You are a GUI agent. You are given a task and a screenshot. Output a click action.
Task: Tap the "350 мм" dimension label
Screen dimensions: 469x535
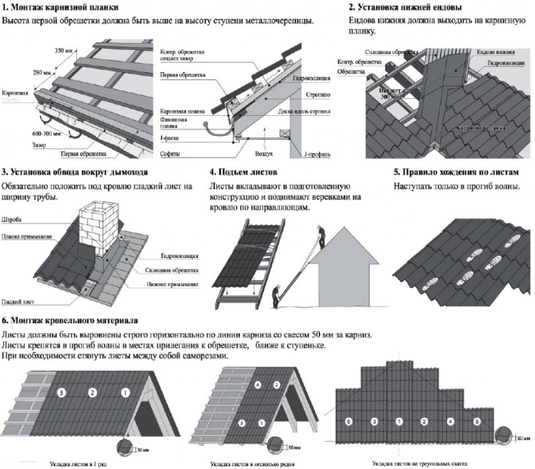[x=63, y=51]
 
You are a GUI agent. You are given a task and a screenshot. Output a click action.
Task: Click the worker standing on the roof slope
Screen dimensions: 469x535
[x=322, y=232]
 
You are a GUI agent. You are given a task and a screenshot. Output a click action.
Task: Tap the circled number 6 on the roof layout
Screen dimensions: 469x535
[x=348, y=421]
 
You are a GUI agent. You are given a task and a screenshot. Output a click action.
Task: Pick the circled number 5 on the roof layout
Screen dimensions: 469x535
[x=478, y=421]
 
